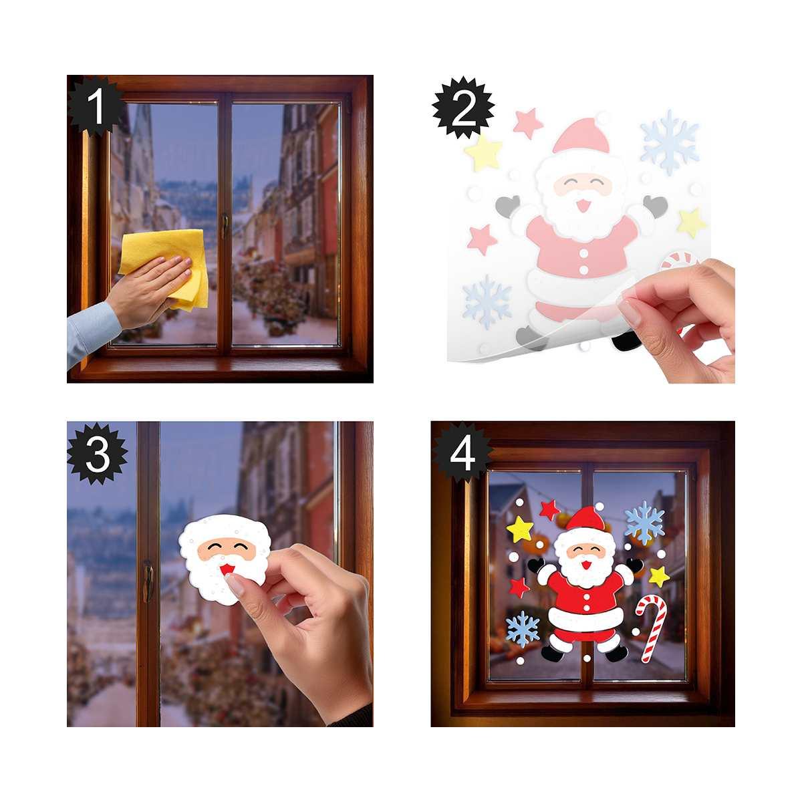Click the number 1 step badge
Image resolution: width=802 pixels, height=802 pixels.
(x=98, y=106)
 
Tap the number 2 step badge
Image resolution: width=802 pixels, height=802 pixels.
(x=462, y=106)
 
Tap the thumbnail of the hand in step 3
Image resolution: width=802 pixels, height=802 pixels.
(x=236, y=585)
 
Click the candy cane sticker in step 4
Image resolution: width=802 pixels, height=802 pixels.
(x=651, y=626)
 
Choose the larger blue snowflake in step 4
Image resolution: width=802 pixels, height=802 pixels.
(x=644, y=522)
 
